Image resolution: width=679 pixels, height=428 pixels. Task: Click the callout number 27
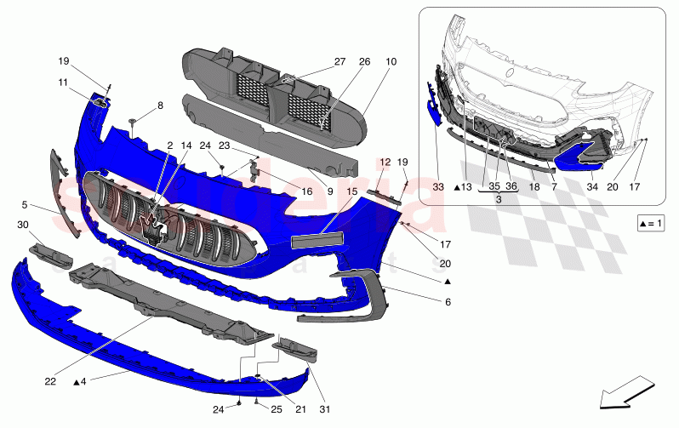pos(339,62)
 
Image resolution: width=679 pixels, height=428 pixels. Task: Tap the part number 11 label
pos(65,83)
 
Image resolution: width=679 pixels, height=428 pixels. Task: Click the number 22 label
pos(50,382)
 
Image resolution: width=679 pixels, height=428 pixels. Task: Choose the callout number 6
pos(448,302)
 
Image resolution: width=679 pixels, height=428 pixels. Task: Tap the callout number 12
pos(385,162)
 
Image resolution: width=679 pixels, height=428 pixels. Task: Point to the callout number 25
pos(277,410)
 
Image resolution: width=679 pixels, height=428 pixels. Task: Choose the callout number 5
pos(25,204)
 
